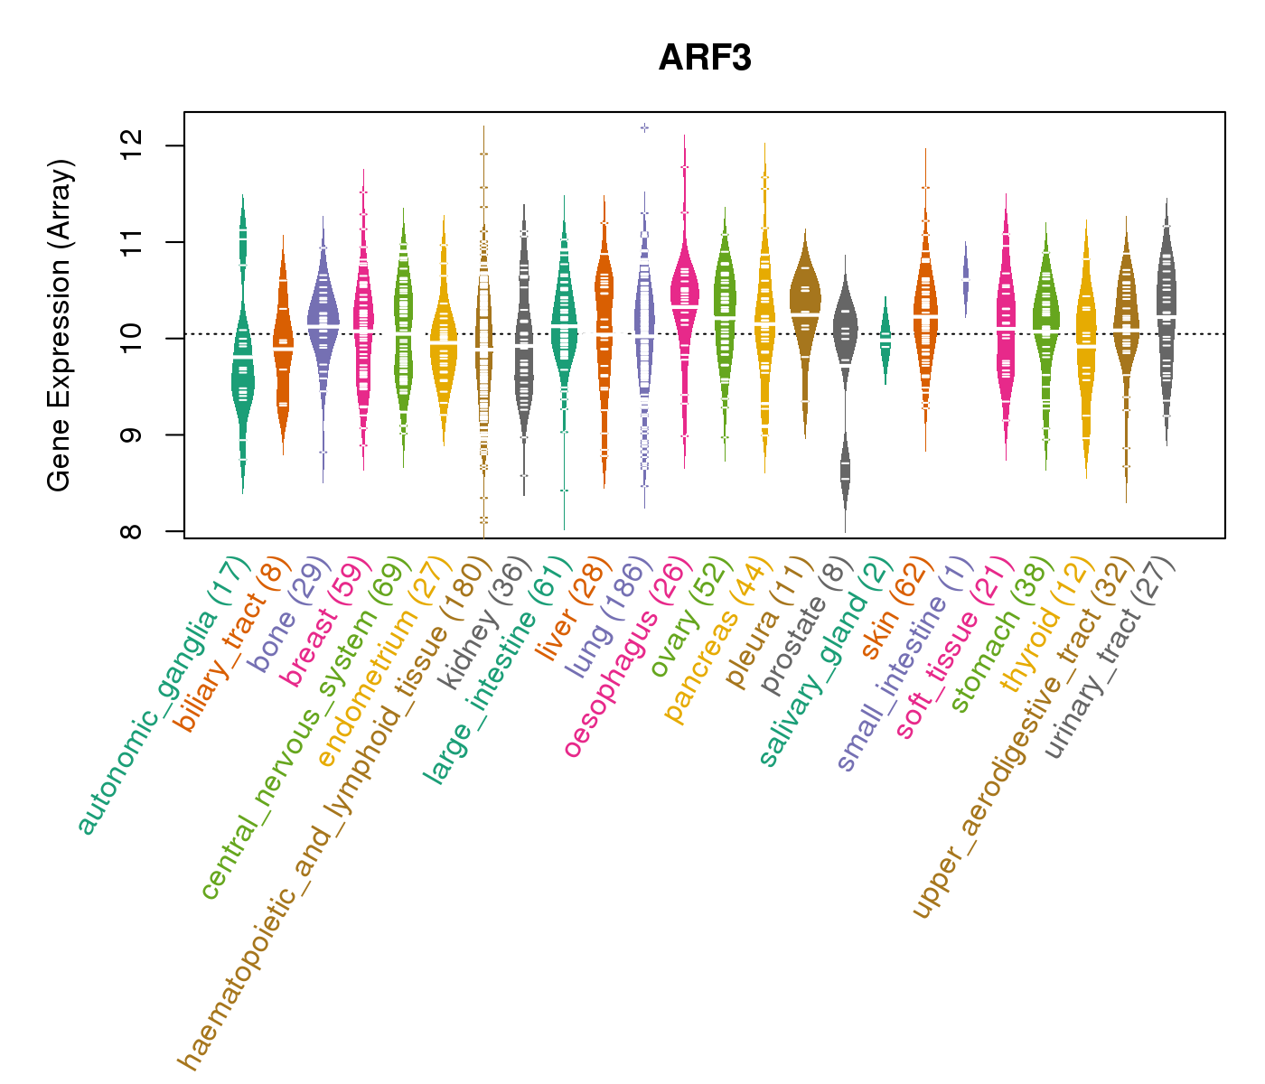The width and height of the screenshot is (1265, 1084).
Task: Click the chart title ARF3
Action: tap(705, 58)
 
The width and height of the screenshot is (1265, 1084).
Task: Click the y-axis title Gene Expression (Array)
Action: tap(60, 325)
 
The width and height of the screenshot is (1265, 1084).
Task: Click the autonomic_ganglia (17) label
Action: tap(163, 696)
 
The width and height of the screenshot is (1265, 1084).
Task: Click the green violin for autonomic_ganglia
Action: tap(242, 361)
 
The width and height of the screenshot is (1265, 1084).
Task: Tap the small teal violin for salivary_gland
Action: tap(885, 339)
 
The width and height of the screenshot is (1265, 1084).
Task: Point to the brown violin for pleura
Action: tap(805, 298)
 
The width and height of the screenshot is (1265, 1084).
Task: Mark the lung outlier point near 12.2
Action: tap(644, 128)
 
